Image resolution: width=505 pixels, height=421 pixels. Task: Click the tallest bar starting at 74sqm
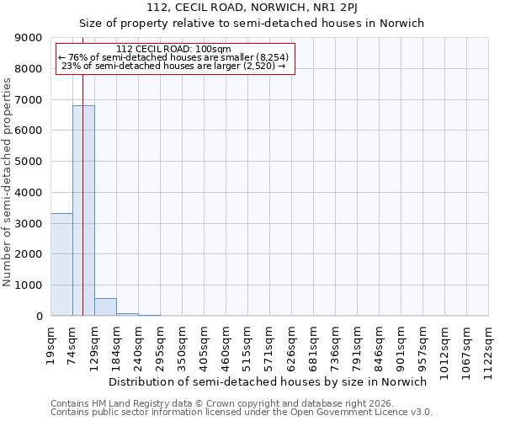click(x=83, y=210)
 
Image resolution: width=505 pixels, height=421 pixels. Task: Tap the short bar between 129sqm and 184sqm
click(x=105, y=307)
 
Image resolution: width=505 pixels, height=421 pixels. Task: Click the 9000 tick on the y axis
click(x=29, y=38)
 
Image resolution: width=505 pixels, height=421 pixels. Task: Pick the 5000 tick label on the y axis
click(x=29, y=162)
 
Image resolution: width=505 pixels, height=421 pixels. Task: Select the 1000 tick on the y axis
click(x=29, y=285)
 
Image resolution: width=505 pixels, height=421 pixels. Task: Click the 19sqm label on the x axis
click(x=51, y=344)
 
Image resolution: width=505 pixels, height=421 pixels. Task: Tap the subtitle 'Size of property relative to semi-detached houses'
click(x=252, y=23)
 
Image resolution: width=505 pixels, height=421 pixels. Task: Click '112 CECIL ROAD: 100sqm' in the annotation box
click(x=173, y=50)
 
